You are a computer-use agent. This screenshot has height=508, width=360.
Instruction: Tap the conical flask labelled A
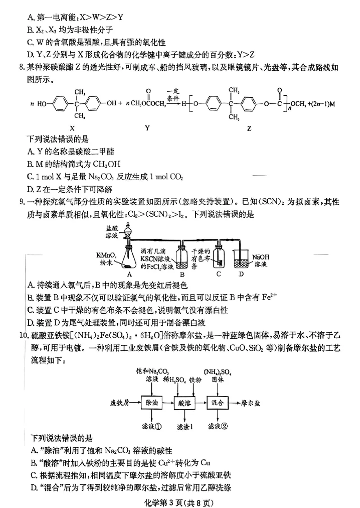[x=130, y=261]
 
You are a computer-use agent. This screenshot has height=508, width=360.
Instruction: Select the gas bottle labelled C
[x=218, y=258]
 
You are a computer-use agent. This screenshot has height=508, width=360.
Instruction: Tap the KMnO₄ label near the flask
[x=106, y=255]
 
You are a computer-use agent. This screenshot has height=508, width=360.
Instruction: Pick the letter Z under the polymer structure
[x=249, y=128]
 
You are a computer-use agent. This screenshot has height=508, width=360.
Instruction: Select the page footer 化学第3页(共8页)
[x=180, y=498]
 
